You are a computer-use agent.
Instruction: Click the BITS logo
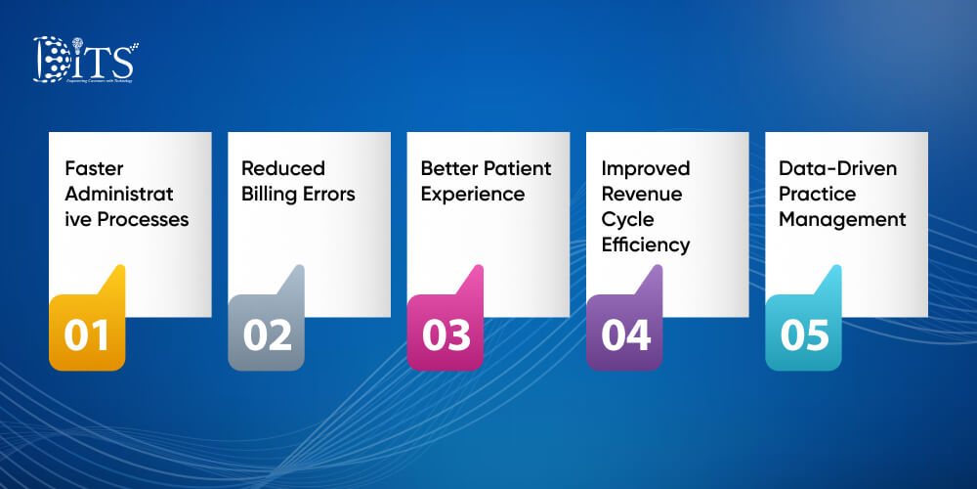(x=86, y=60)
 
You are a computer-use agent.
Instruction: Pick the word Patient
(x=518, y=168)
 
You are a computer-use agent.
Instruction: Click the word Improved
(x=646, y=168)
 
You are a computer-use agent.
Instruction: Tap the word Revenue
(x=641, y=194)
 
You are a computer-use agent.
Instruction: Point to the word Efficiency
(x=646, y=244)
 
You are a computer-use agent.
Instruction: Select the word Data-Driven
(x=838, y=168)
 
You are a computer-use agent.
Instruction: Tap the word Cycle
(x=627, y=219)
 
